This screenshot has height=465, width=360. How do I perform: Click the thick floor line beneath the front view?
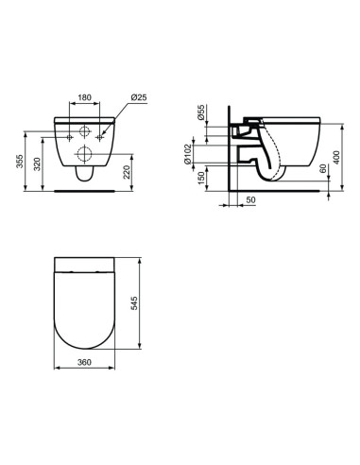(x=86, y=190)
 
